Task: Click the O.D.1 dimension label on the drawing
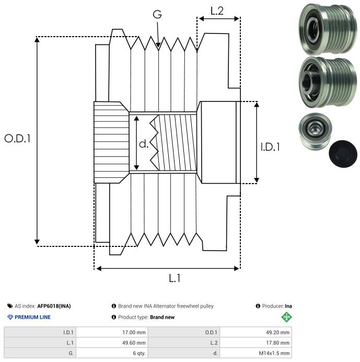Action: pyautogui.click(x=18, y=139)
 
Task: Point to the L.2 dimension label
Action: pyautogui.click(x=217, y=10)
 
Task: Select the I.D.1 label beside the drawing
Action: pyautogui.click(x=270, y=148)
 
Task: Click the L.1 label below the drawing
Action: pyautogui.click(x=175, y=278)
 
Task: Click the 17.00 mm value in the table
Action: pyautogui.click(x=133, y=332)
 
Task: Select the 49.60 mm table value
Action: pyautogui.click(x=133, y=343)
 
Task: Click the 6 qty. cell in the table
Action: pyautogui.click(x=138, y=353)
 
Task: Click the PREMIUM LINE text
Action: pyautogui.click(x=32, y=317)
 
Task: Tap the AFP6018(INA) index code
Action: pyautogui.click(x=54, y=306)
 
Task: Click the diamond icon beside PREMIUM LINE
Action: pyautogui.click(x=10, y=317)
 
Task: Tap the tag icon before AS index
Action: pyautogui.click(x=10, y=306)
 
